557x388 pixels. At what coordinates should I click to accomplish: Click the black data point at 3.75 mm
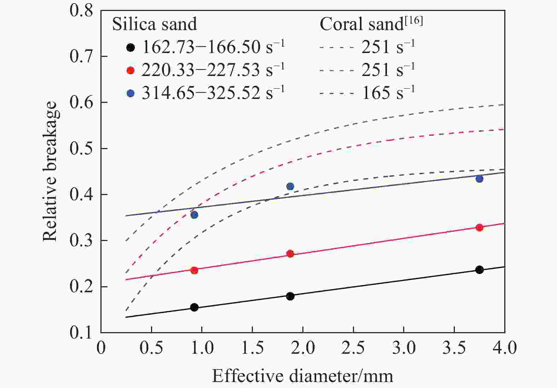pos(479,270)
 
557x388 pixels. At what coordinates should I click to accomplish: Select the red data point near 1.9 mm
pos(290,253)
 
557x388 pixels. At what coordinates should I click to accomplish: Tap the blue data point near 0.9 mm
pos(194,215)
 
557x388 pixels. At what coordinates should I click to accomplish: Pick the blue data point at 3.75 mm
pos(479,179)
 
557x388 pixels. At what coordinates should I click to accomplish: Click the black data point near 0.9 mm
pos(194,307)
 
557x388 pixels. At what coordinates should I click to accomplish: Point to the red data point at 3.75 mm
pos(479,227)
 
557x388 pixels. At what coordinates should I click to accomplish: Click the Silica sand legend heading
pos(155,24)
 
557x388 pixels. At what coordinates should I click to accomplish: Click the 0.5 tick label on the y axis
pos(81,148)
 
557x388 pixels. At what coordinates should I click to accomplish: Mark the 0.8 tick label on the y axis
pos(81,11)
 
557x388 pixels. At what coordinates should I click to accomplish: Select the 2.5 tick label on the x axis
pos(353,348)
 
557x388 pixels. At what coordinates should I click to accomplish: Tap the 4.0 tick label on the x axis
pos(504,348)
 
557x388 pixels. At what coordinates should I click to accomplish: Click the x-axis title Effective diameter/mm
pos(302,376)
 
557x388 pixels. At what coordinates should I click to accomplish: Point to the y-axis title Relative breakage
pos(50,171)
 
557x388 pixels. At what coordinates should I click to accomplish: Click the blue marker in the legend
pos(131,93)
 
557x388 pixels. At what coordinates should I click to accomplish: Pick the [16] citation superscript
pos(414,20)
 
